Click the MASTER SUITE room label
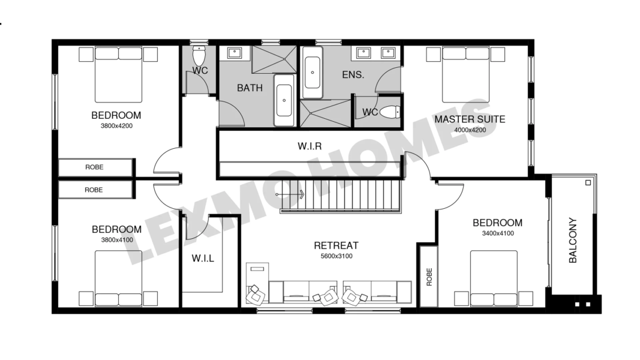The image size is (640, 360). pos(470,119)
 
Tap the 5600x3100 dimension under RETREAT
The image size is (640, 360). pos(336,256)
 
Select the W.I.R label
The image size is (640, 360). pos(310,146)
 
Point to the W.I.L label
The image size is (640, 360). pos(203,259)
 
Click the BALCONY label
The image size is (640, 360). pos(573,240)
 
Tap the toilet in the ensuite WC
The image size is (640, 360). pos(390,112)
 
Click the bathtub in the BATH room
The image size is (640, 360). pos(284,100)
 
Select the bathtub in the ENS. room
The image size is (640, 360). pos(313,73)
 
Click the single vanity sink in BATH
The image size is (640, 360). pos(235,53)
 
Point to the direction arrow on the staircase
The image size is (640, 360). pos(290,194)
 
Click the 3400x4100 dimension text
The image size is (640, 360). pos(498,233)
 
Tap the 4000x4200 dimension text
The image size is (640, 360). pos(470,130)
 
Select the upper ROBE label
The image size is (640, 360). pos(94,167)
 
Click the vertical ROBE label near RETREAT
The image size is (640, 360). pos(429,277)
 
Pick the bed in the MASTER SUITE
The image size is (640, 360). pos(465,74)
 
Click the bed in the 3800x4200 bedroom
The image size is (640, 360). pos(118,74)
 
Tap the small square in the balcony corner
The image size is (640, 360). pos(588,183)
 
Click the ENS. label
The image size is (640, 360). pos(353,74)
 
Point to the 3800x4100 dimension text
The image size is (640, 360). pos(117,240)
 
